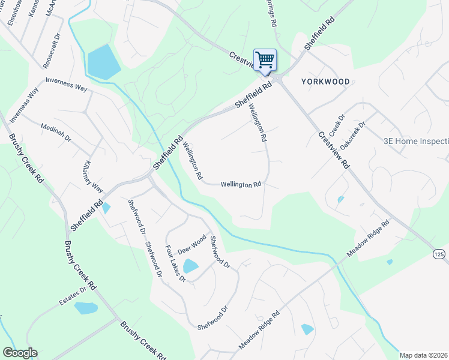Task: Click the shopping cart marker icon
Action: pos(265,60)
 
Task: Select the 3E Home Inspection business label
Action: pos(416,142)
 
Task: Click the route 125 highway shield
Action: pos(439,255)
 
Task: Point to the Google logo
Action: pos(20,353)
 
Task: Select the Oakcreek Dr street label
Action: pos(353,137)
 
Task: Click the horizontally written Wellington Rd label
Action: pos(241,185)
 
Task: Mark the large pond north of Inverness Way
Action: pos(104,62)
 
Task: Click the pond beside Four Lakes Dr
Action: pos(190,266)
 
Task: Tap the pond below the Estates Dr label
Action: pos(86,308)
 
